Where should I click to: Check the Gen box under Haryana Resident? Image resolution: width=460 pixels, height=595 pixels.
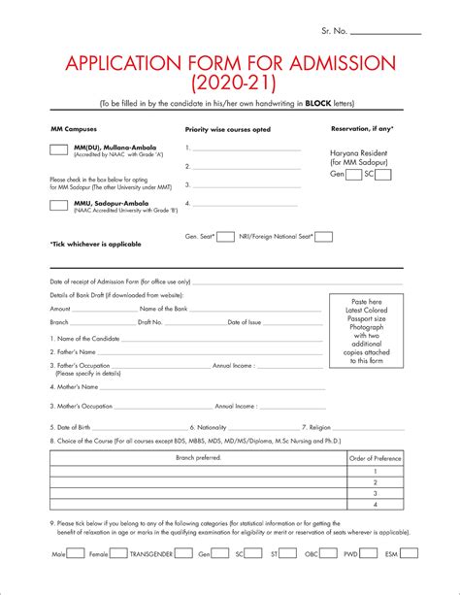354,175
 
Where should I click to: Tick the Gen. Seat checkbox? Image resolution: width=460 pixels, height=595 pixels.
225,236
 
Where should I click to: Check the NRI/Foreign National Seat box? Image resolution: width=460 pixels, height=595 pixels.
324,236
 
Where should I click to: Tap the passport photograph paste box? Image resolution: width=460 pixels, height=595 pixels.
366,332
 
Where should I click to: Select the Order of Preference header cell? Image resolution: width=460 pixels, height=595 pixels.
375,457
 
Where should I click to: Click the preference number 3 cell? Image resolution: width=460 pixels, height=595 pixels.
375,492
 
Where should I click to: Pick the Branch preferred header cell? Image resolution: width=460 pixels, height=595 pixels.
198,457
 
